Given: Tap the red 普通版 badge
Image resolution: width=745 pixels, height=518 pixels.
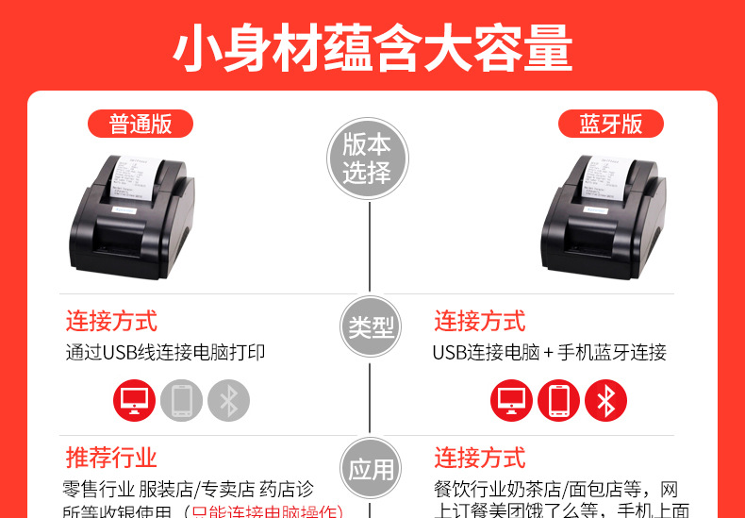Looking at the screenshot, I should point(140,124).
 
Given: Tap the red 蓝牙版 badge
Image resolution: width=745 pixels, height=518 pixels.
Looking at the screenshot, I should point(610,124).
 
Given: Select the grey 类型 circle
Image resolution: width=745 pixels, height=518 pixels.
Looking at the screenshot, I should point(371,326).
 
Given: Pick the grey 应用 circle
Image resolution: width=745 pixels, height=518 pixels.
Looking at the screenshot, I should point(371,469).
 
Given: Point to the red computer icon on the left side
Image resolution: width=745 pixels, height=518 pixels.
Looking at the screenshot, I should point(135,400).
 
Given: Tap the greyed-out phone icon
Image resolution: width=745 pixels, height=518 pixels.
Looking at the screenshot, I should point(182,400).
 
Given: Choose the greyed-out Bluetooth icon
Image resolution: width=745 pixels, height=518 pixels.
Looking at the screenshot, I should point(228,400).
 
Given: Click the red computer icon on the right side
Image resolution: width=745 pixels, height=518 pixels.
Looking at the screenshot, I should point(511,400).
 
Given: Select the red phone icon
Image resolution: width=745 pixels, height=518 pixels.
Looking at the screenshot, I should point(558,400).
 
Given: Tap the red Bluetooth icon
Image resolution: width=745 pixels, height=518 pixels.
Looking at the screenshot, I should point(605,400).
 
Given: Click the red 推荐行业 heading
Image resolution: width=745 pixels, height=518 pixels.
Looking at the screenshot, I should point(111,459).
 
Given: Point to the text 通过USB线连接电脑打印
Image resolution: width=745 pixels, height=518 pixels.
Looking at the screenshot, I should point(165,353).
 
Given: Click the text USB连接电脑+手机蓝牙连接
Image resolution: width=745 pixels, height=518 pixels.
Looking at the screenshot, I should point(549,353).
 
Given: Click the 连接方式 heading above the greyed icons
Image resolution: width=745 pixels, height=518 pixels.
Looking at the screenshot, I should point(111,321).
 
